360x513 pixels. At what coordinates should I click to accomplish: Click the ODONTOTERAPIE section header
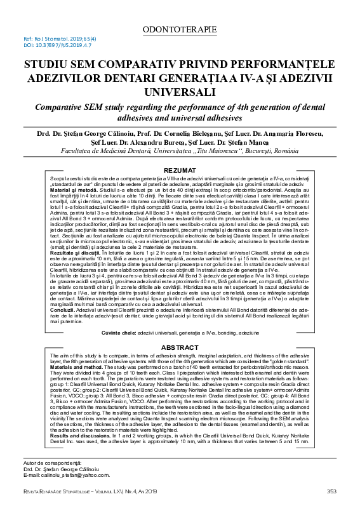pyautogui.click(x=180, y=29)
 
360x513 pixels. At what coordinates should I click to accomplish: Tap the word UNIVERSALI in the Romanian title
pyautogui.click(x=180, y=92)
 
